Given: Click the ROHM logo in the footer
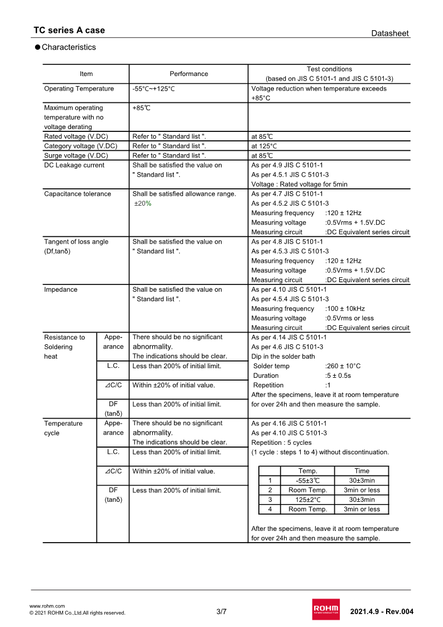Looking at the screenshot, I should pyautogui.click(x=326, y=609).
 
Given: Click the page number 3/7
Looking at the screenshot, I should pyautogui.click(x=222, y=611).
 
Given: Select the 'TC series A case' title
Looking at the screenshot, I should pyautogui.click(x=69, y=30).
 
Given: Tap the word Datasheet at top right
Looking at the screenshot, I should pyautogui.click(x=390, y=34).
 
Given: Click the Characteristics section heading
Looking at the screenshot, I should pyautogui.click(x=69, y=47).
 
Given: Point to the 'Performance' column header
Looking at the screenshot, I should pyautogui.click(x=189, y=74).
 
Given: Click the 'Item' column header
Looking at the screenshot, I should pyautogui.click(x=86, y=74).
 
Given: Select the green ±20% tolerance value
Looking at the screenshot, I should pyautogui.click(x=143, y=203).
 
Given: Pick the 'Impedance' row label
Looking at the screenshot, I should pyautogui.click(x=61, y=289).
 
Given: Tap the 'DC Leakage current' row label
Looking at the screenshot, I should pyautogui.click(x=74, y=165).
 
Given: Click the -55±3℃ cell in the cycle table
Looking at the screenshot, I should pyautogui.click(x=307, y=481).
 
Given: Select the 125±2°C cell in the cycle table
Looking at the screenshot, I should pyautogui.click(x=307, y=500).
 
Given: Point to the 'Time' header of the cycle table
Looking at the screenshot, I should pyautogui.click(x=362, y=471).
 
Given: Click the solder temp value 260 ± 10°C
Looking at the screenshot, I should pyautogui.click(x=343, y=366).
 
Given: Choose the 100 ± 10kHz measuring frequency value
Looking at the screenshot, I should pyautogui.click(x=345, y=308).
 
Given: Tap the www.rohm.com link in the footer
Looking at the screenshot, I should pyautogui.click(x=47, y=606).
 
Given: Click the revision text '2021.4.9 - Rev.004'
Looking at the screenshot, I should pyautogui.click(x=382, y=611).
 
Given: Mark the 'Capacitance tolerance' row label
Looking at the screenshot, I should pyautogui.click(x=78, y=194).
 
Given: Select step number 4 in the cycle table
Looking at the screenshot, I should pyautogui.click(x=269, y=509).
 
